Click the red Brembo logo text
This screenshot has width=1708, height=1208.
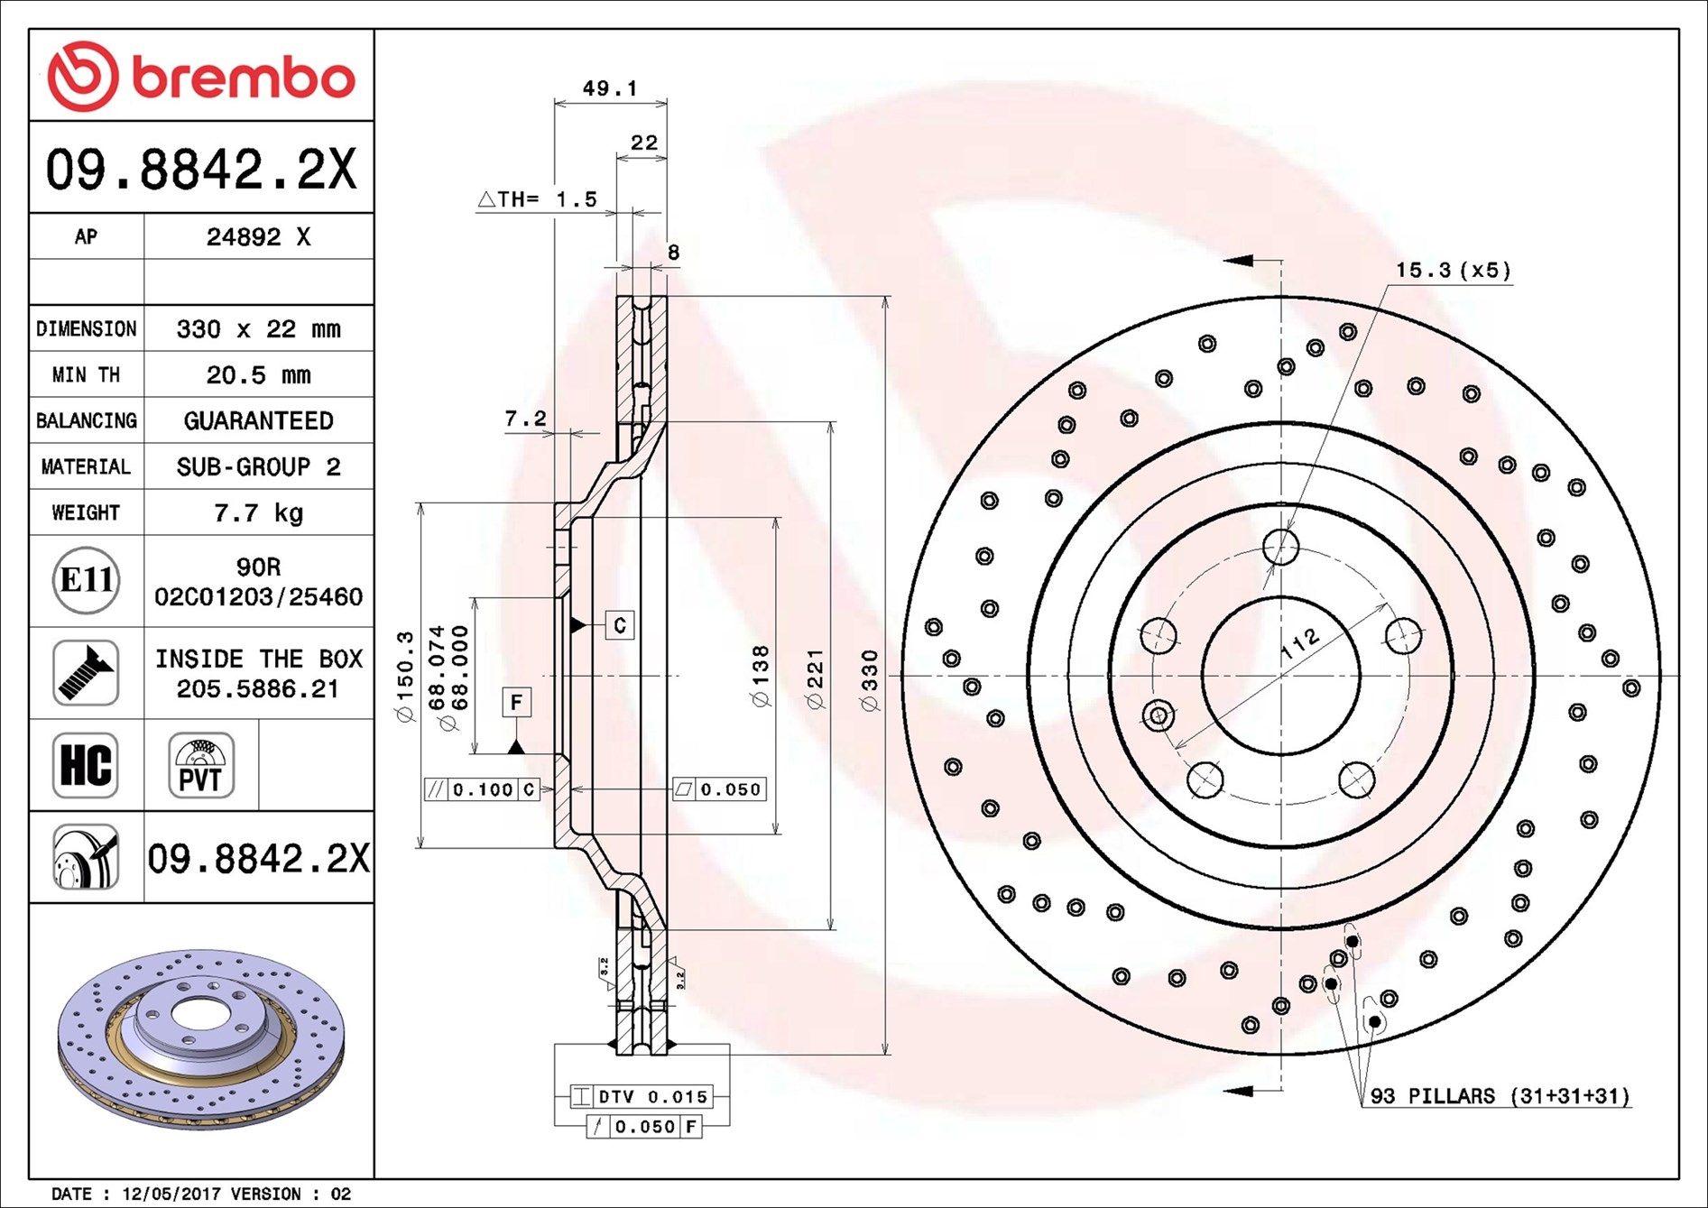tap(244, 78)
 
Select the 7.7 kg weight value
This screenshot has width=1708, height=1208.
tap(258, 512)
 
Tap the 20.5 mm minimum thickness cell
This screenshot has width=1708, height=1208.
tap(258, 374)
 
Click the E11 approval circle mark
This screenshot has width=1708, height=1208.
tap(86, 580)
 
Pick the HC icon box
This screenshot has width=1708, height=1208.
tap(86, 766)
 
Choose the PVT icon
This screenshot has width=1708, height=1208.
tap(201, 766)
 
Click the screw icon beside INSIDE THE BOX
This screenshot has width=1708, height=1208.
tap(86, 673)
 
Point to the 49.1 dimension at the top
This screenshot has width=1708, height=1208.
tap(610, 88)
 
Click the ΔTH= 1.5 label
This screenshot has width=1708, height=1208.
tap(538, 199)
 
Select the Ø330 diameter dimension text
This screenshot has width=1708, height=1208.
tap(870, 680)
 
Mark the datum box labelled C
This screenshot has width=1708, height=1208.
tap(619, 625)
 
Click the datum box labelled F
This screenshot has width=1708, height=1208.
tap(516, 702)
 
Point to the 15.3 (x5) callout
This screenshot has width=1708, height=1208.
tap(1454, 270)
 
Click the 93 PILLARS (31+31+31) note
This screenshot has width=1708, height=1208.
tap(1500, 1096)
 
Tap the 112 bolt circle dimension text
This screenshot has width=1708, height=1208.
tap(1300, 646)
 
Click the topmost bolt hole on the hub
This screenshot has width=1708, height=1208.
tap(1281, 547)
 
